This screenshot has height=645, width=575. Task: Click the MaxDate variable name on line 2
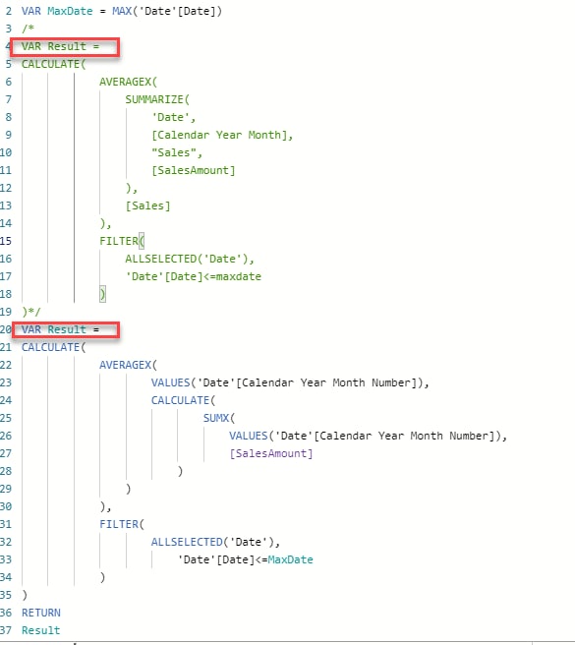(70, 11)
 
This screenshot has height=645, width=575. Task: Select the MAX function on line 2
(122, 11)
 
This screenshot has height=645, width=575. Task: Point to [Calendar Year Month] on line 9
(222, 135)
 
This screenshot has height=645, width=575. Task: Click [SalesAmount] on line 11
(194, 170)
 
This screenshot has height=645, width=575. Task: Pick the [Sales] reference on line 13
(148, 205)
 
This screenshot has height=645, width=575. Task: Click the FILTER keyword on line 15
(119, 241)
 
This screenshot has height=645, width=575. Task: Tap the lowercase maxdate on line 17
(239, 276)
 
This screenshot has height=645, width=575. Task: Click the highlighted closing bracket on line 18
(102, 294)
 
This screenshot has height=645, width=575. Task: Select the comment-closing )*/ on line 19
(31, 312)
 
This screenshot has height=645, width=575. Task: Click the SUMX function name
(216, 418)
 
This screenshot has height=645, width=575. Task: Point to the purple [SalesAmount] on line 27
(271, 453)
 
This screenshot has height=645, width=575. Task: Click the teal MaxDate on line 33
(290, 559)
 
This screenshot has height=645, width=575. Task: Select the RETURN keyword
(41, 613)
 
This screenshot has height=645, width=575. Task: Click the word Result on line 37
(40, 630)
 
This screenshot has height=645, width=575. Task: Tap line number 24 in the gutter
(6, 400)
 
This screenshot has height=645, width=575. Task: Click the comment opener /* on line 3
(28, 29)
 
